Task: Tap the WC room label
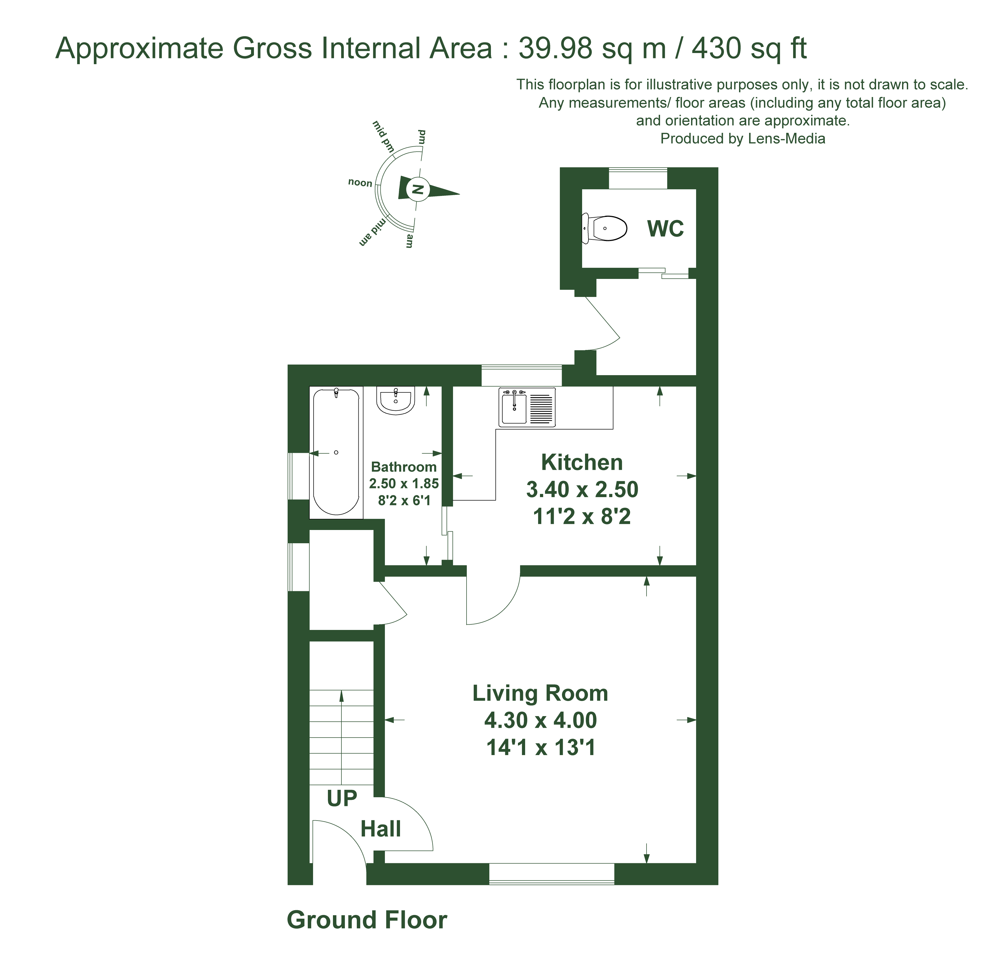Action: click(665, 229)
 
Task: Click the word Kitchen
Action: click(582, 462)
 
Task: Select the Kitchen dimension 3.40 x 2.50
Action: click(582, 489)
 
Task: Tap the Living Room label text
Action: click(540, 694)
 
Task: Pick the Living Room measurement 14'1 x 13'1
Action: click(541, 748)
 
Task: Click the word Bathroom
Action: click(404, 467)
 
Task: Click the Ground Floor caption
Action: click(367, 920)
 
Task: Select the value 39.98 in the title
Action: click(556, 49)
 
